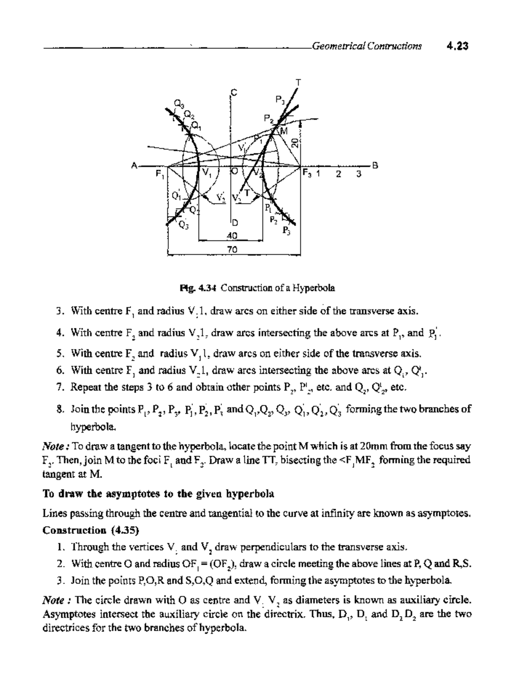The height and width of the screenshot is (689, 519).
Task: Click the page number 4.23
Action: click(458, 46)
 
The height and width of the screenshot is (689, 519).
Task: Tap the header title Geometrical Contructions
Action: click(366, 46)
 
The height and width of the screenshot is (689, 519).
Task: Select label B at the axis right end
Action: click(375, 165)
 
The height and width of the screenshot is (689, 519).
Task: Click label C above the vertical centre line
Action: click(234, 92)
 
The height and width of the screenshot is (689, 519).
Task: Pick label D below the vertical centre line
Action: click(234, 223)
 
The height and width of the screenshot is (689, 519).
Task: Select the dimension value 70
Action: click(233, 249)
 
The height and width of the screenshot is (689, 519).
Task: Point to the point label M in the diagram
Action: click(284, 130)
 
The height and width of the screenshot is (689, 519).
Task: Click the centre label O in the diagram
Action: click(234, 171)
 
